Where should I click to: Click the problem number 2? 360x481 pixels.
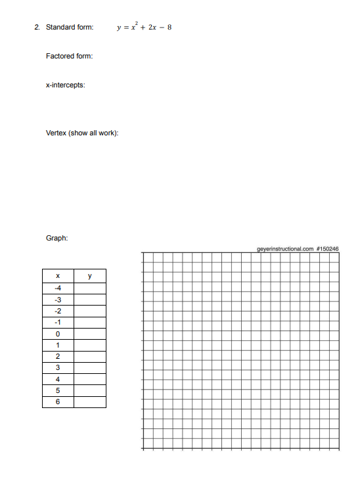pyautogui.click(x=37, y=28)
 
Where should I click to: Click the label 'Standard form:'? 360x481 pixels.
pyautogui.click(x=69, y=28)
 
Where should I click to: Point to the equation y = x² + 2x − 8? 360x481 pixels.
pyautogui.click(x=143, y=27)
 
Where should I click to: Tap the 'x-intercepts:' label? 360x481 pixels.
pyautogui.click(x=66, y=85)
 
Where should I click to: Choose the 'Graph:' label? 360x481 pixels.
pyautogui.click(x=57, y=239)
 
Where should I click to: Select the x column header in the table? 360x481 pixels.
pyautogui.click(x=58, y=276)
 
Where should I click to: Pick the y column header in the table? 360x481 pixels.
pyautogui.click(x=89, y=276)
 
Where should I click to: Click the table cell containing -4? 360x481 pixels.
pyautogui.click(x=58, y=288)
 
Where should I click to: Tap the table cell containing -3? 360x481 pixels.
pyautogui.click(x=58, y=300)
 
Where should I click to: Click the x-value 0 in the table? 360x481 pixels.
pyautogui.click(x=58, y=333)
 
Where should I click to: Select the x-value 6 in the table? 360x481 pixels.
pyautogui.click(x=58, y=401)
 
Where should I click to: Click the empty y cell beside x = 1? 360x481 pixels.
pyautogui.click(x=89, y=344)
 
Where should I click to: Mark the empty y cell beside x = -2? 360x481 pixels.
pyautogui.click(x=89, y=311)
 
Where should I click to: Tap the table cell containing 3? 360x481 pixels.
pyautogui.click(x=58, y=367)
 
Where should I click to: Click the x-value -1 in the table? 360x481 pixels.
pyautogui.click(x=58, y=322)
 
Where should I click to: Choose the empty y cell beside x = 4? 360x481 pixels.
pyautogui.click(x=89, y=378)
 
